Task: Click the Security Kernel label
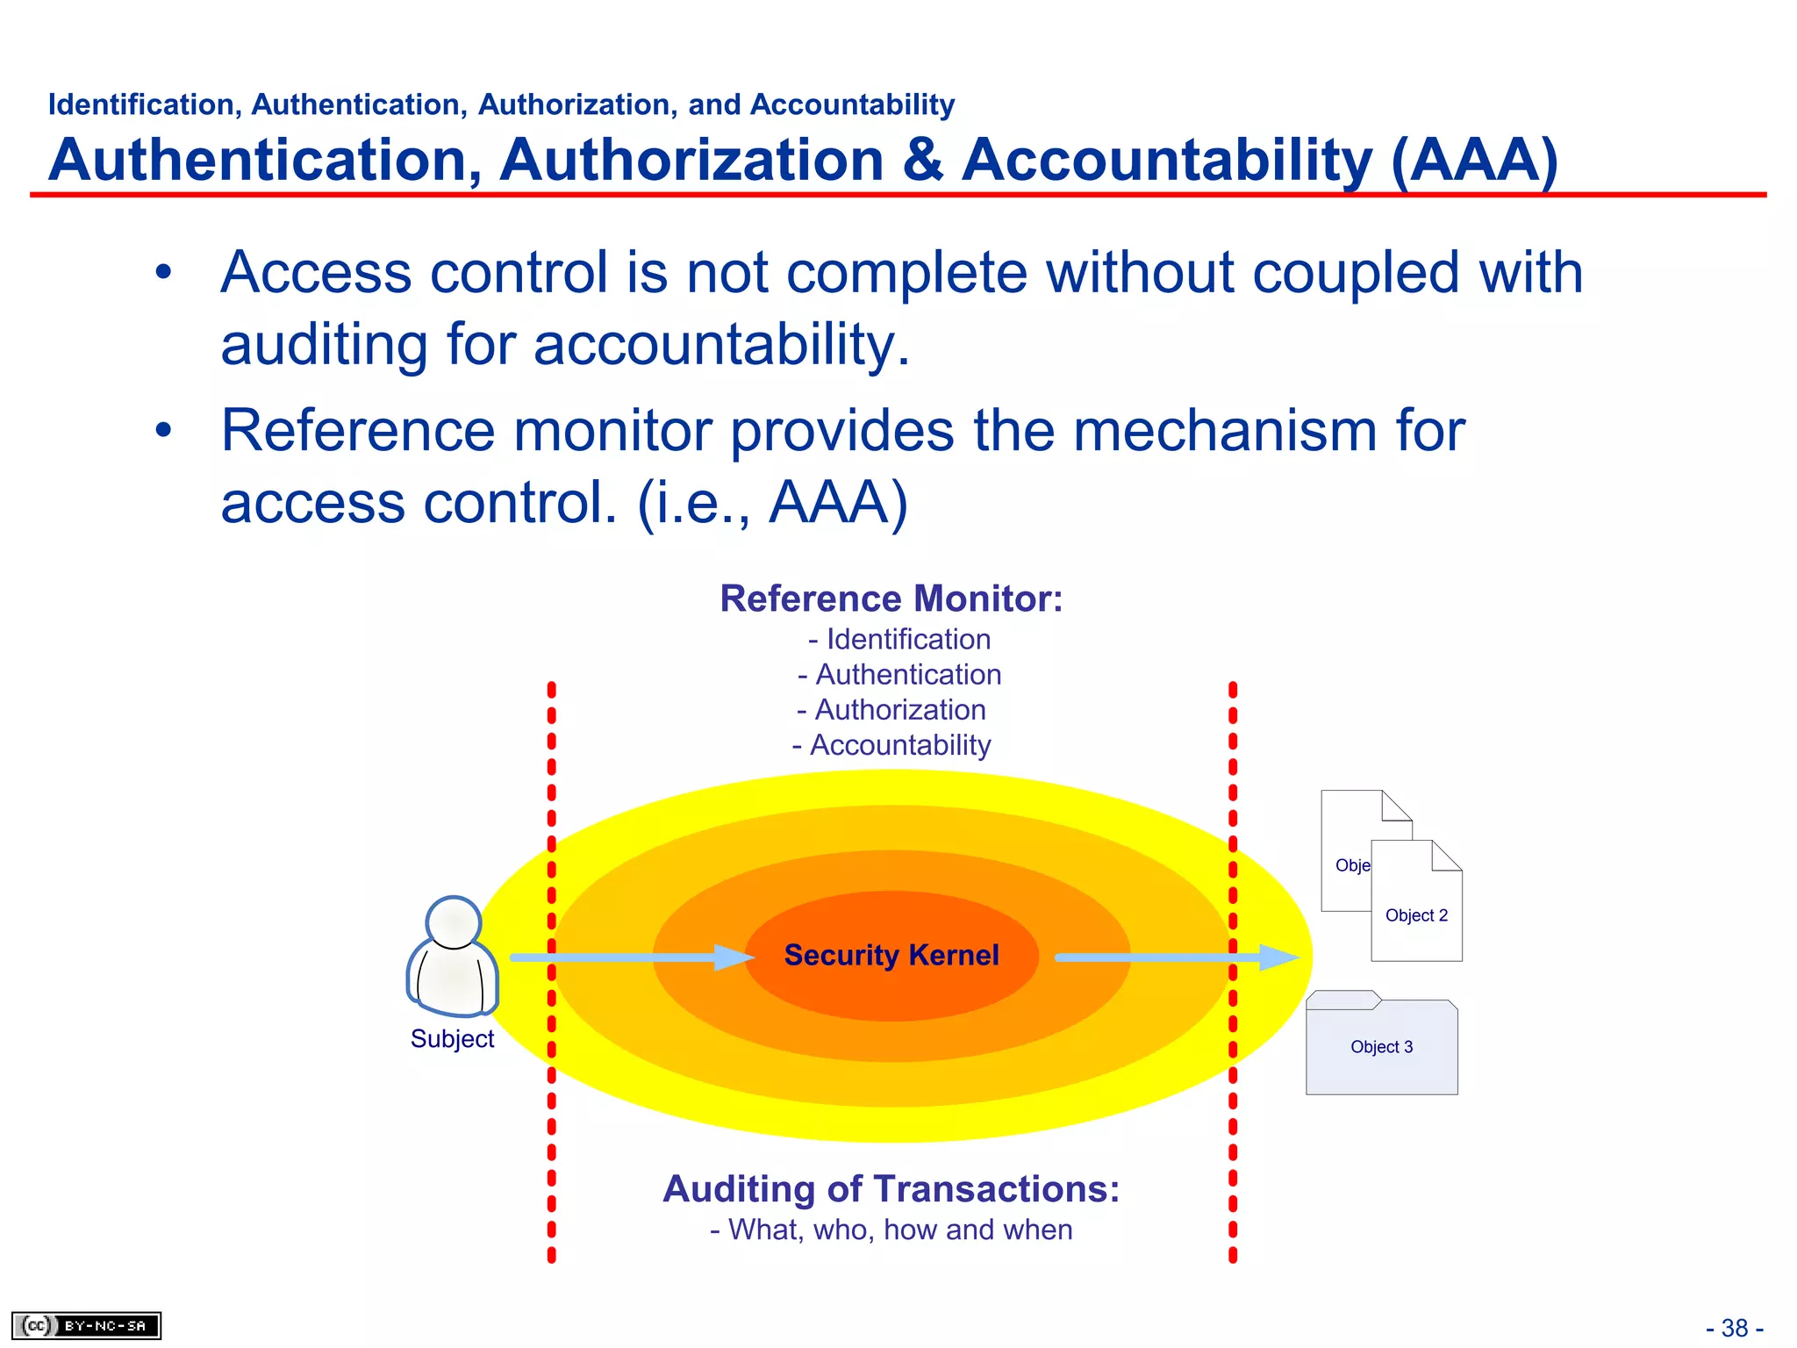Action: point(891,955)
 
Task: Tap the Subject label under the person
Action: point(452,1039)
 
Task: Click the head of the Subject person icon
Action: point(453,922)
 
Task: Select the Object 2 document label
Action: point(1416,915)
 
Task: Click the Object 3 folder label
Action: point(1381,1047)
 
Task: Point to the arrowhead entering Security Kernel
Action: point(734,957)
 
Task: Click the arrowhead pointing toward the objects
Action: point(1278,957)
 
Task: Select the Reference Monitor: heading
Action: point(891,599)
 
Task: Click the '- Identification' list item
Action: point(899,640)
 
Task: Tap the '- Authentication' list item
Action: point(899,675)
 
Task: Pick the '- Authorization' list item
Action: point(891,710)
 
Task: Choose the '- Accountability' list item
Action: point(891,745)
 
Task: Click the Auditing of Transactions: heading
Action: point(891,1189)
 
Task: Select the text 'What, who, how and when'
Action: point(900,1230)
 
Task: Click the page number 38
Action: point(1735,1328)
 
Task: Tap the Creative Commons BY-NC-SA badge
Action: point(86,1325)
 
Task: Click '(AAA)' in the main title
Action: point(1475,161)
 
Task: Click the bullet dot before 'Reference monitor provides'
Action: point(163,431)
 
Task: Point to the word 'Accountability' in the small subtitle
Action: point(852,104)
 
